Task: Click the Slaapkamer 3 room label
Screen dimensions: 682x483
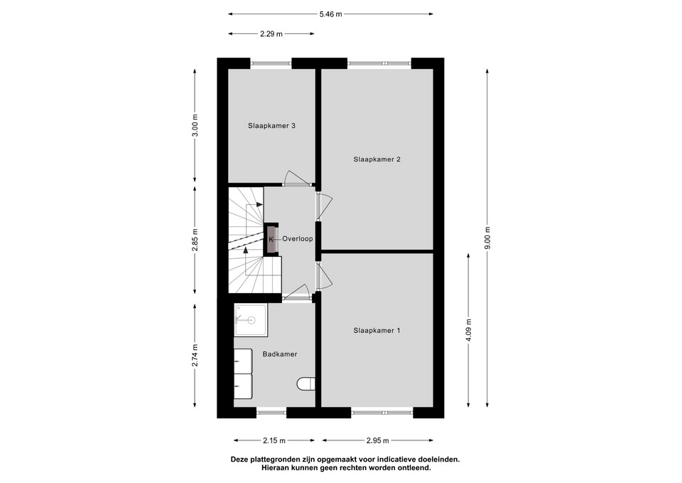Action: point(272,126)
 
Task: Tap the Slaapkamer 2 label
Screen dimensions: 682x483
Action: point(377,159)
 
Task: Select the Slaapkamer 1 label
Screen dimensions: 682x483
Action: point(377,331)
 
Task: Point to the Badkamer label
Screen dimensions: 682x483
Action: point(280,354)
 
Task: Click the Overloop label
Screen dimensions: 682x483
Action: point(298,239)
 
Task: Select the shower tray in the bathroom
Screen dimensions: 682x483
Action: point(251,321)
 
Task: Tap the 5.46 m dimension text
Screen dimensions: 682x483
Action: point(330,14)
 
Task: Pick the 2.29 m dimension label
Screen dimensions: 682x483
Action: point(271,33)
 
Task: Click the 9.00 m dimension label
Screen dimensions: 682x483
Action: point(487,238)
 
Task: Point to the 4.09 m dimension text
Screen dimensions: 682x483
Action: point(468,331)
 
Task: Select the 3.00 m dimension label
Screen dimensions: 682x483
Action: point(195,125)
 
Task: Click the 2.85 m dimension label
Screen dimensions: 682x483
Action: point(195,240)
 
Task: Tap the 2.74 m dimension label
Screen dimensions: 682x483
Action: point(195,356)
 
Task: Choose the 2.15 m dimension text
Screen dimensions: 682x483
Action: point(274,441)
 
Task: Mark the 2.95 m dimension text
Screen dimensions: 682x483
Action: point(377,441)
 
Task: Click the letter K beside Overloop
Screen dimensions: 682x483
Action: point(271,239)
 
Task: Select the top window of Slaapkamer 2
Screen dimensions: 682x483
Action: point(379,63)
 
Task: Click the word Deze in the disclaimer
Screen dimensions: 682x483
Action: point(239,460)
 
